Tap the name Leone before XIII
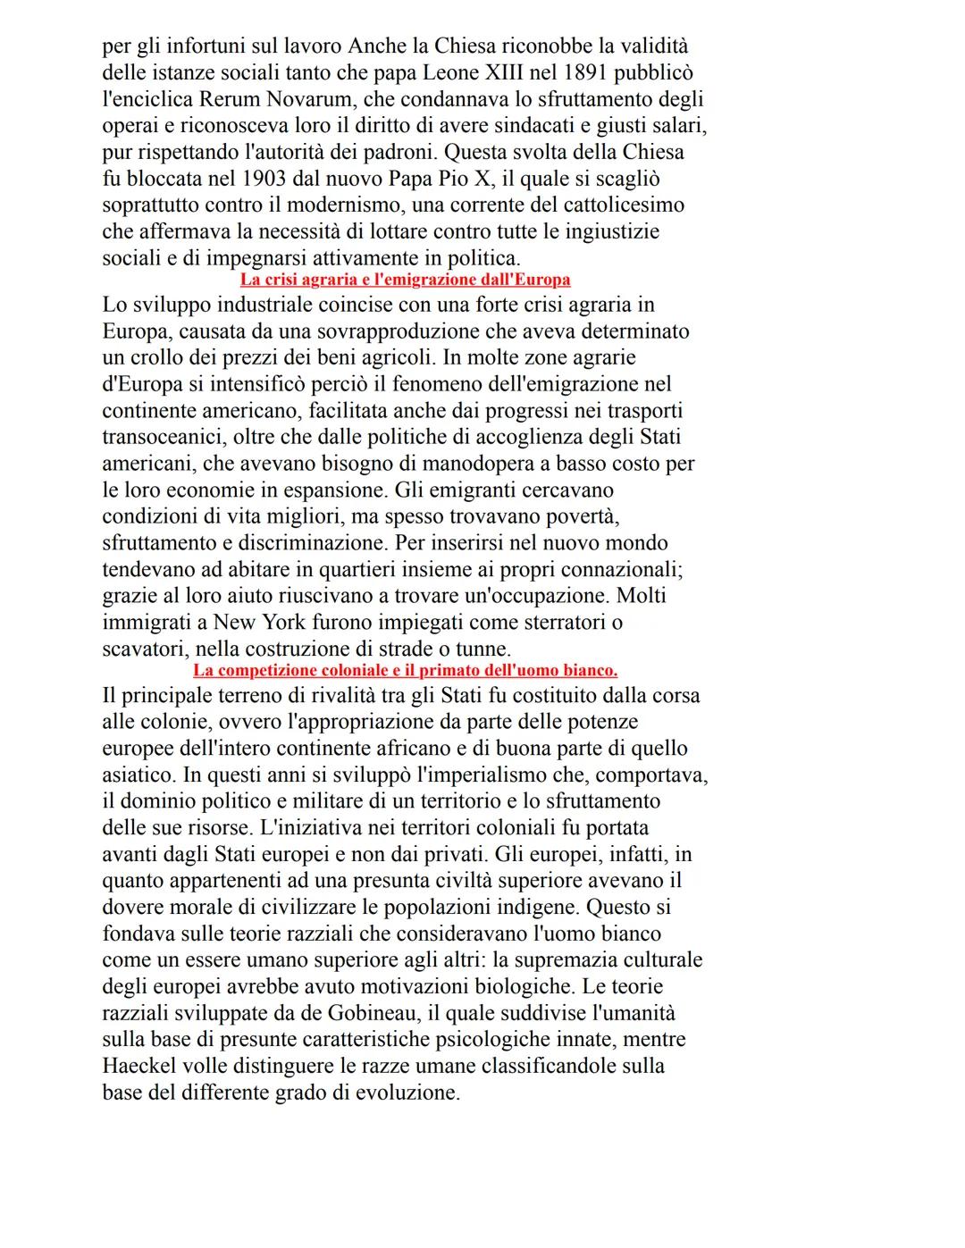[449, 72]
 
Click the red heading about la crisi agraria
[405, 281]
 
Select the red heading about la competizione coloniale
[405, 670]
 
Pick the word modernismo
[336, 205]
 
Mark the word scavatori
[142, 649]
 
